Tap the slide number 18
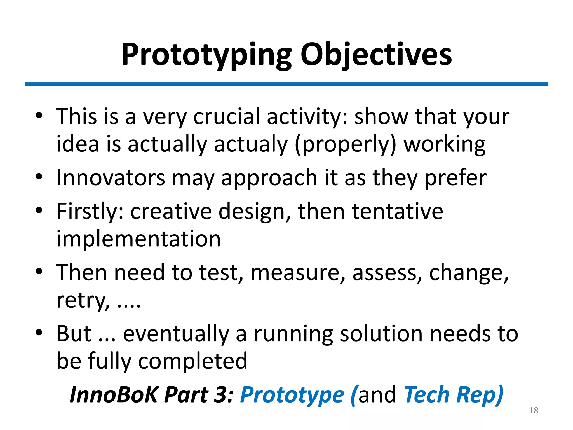(x=534, y=410)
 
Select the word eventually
(x=176, y=334)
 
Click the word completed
(x=193, y=361)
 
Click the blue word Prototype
(x=292, y=395)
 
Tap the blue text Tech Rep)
(x=454, y=395)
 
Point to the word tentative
(x=397, y=211)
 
